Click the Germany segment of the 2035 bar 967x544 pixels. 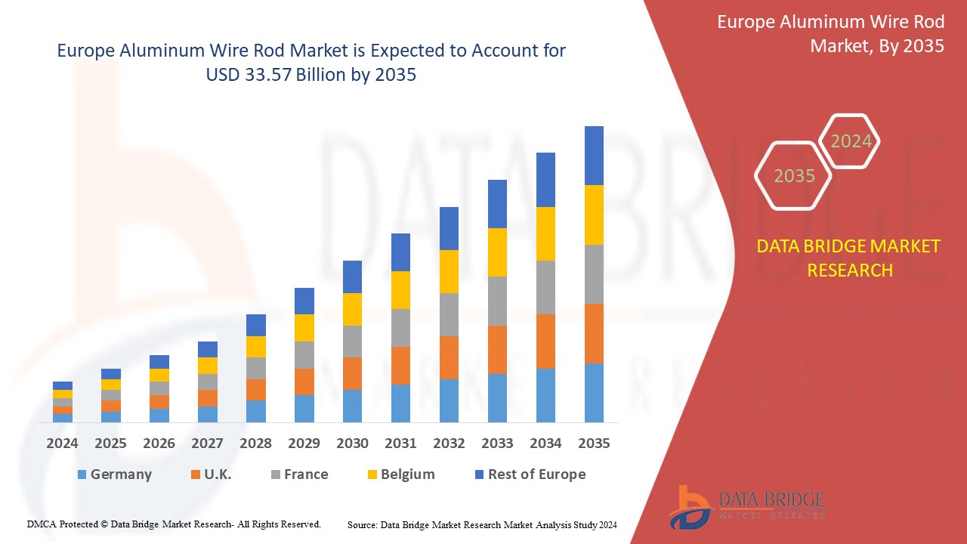coord(594,392)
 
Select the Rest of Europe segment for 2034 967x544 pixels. coord(545,180)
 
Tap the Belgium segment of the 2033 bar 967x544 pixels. coord(497,252)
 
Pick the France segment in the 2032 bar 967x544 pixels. coord(449,314)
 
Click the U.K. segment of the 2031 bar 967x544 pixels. coord(400,366)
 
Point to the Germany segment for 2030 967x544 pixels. coord(352,406)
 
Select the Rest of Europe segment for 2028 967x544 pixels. coord(255,325)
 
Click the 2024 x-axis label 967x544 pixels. coord(62,444)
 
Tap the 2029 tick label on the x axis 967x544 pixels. coord(304,444)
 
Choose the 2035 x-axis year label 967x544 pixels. coord(594,444)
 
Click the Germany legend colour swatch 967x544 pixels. coord(82,474)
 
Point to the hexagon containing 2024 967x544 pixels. coord(851,141)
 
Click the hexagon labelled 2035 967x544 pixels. coord(794,176)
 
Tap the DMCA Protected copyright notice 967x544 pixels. coord(174,524)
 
